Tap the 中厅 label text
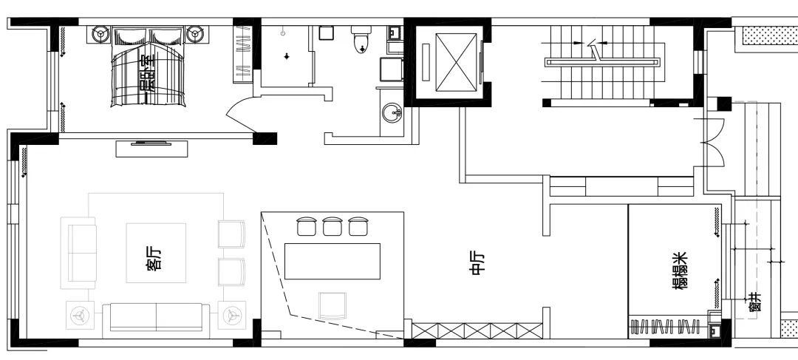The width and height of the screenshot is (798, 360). pos(479,264)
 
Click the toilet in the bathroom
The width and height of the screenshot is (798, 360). pos(361,39)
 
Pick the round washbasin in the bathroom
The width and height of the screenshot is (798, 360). pos(392,113)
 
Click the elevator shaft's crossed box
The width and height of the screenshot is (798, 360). pos(457,62)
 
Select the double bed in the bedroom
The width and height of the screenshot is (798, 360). pos(148,67)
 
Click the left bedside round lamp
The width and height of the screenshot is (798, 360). pos(100,35)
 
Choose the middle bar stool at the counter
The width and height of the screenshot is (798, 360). pos(332,226)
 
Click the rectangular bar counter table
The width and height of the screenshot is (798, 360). pos(332,261)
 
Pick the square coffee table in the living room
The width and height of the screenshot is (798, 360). pos(156,253)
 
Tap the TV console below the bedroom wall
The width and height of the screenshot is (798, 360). pos(151,148)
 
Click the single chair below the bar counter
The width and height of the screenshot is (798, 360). pos(332,305)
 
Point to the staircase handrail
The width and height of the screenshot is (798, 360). pos(603,63)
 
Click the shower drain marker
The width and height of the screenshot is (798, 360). pos(287,55)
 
